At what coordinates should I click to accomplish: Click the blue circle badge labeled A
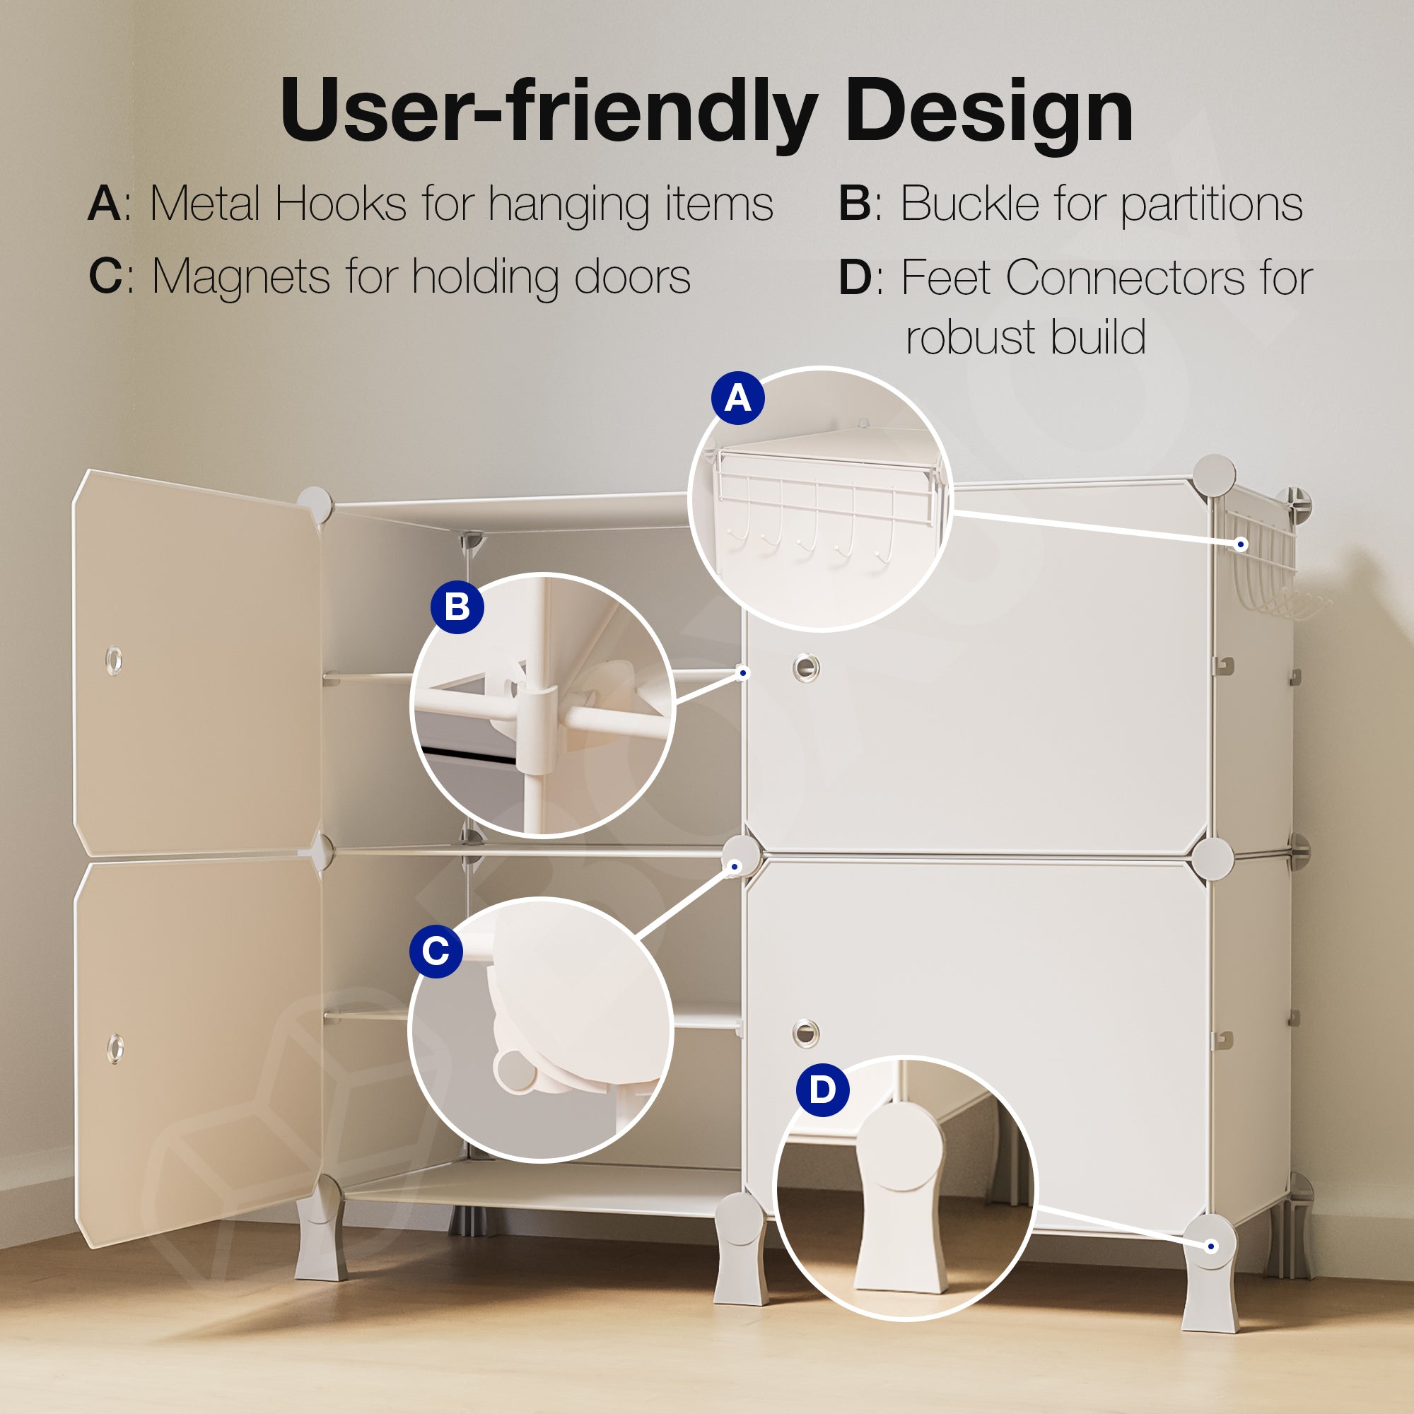click(737, 399)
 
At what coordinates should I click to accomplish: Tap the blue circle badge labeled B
click(457, 607)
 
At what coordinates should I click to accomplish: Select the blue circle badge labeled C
click(436, 952)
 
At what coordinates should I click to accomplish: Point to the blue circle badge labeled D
click(823, 1089)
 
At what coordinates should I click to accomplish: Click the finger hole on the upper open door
click(113, 661)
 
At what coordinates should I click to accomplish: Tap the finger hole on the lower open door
click(115, 1048)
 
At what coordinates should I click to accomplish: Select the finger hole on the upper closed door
click(806, 667)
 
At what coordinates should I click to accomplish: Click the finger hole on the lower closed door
click(806, 1033)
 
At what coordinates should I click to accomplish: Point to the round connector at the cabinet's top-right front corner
click(1214, 475)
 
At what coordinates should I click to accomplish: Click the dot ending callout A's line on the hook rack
click(1241, 544)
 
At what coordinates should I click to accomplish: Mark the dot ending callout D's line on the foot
click(1211, 1246)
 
